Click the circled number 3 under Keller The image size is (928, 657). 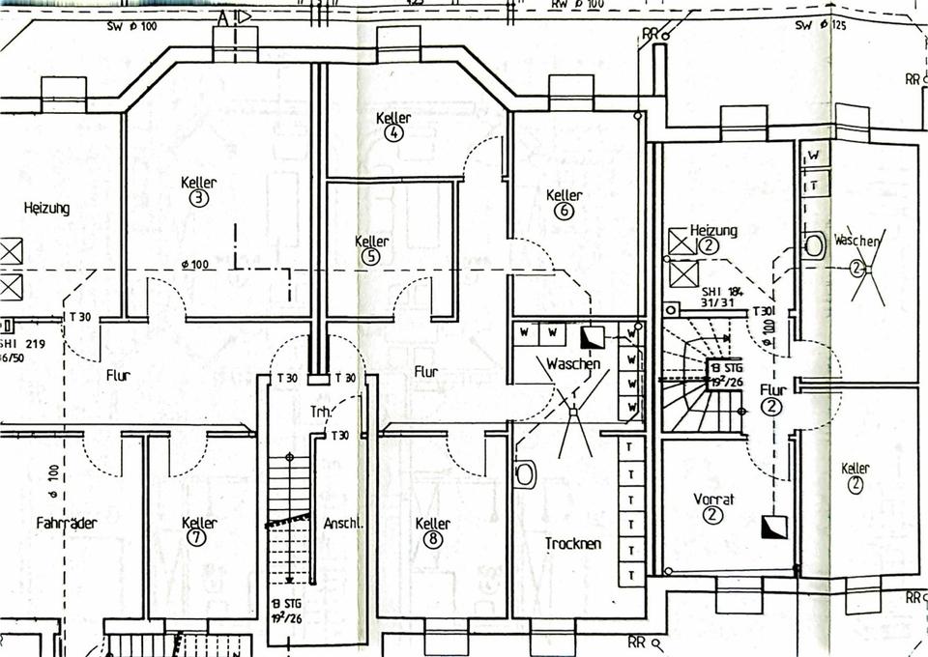point(198,198)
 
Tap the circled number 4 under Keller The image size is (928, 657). point(393,133)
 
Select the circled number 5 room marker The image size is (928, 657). point(372,256)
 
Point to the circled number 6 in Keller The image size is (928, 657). point(565,211)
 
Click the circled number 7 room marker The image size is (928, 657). point(198,538)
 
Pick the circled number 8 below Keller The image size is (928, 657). point(432,539)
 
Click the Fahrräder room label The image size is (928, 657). point(66,523)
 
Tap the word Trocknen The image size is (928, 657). point(572,543)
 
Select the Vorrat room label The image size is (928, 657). point(714,499)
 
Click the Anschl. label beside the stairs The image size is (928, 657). point(343,523)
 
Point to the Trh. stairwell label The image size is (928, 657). point(321,412)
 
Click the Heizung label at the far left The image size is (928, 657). point(46,208)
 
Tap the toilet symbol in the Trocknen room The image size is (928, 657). point(525,473)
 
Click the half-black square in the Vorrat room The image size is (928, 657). point(773,527)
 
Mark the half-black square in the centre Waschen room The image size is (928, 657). point(591,336)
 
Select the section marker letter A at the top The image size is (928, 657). point(222,16)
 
